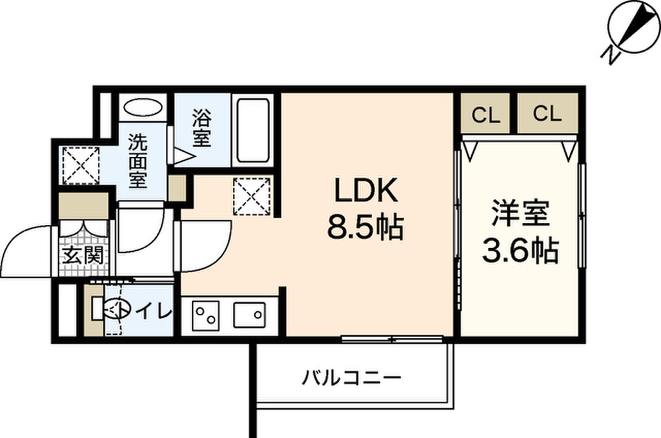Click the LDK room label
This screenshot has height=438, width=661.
365,191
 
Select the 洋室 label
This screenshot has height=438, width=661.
520,214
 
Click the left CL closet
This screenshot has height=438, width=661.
485,113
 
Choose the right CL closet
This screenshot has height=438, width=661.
547,113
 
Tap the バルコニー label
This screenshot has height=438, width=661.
351,377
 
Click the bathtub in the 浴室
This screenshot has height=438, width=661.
253,130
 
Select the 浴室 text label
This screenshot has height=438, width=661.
201,127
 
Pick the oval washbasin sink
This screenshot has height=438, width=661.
143,107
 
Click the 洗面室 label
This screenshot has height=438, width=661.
138,161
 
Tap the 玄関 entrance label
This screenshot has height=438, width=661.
83,255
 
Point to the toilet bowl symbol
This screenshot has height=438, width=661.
110,310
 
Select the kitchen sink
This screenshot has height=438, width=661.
249,315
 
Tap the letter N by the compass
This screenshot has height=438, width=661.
609,54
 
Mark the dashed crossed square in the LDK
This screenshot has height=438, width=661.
251,196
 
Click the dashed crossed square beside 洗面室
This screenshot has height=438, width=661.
81,165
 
